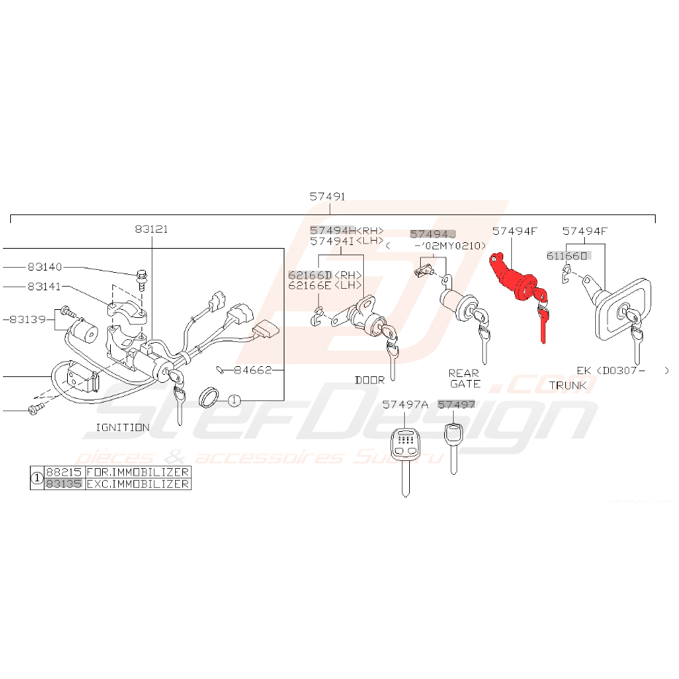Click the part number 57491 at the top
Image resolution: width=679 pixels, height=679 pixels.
(x=327, y=197)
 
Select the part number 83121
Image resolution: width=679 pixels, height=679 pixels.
(x=151, y=228)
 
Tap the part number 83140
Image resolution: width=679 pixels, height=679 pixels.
(x=45, y=268)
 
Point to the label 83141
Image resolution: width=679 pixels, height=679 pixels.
(x=45, y=287)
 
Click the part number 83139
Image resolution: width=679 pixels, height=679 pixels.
(x=28, y=319)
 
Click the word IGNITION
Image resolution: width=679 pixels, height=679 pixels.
(x=123, y=427)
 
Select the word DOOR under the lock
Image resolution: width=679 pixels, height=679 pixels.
(x=369, y=380)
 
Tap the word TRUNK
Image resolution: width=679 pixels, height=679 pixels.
(x=567, y=384)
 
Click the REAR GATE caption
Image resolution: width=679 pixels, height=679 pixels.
(x=464, y=379)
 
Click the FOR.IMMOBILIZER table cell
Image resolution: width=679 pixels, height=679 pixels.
(x=138, y=473)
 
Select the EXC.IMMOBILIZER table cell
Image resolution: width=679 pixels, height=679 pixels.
(x=138, y=484)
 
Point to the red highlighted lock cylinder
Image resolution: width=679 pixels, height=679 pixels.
(x=516, y=278)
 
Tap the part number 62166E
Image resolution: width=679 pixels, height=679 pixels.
(x=309, y=285)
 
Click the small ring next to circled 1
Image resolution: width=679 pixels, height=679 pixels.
(x=210, y=397)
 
